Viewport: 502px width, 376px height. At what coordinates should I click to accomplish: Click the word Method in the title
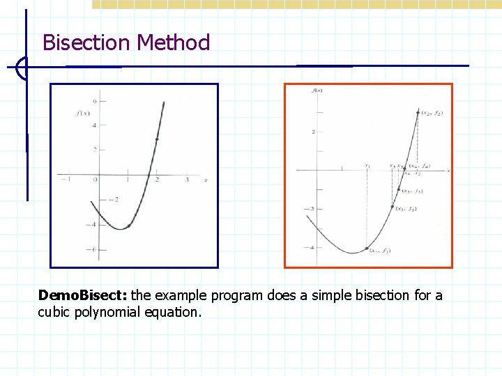coord(174,43)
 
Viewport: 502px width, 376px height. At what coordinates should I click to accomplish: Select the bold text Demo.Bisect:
coord(83,295)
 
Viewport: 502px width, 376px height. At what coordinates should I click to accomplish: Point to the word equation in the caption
coord(172,312)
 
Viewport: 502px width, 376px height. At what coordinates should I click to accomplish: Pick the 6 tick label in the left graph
coord(94,101)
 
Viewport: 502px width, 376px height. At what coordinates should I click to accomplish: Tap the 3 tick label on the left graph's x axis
coord(187,180)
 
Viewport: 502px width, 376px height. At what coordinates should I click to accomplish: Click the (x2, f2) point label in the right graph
coord(432,112)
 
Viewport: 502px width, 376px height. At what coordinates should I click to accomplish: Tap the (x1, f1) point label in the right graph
coord(380,251)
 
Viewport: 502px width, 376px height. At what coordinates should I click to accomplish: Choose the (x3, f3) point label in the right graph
coord(406,209)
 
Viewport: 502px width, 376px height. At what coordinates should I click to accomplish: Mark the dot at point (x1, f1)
coord(367,249)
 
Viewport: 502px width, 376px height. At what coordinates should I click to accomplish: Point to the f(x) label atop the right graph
coord(317,90)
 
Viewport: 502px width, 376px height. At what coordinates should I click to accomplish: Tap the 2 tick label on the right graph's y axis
coord(314,132)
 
